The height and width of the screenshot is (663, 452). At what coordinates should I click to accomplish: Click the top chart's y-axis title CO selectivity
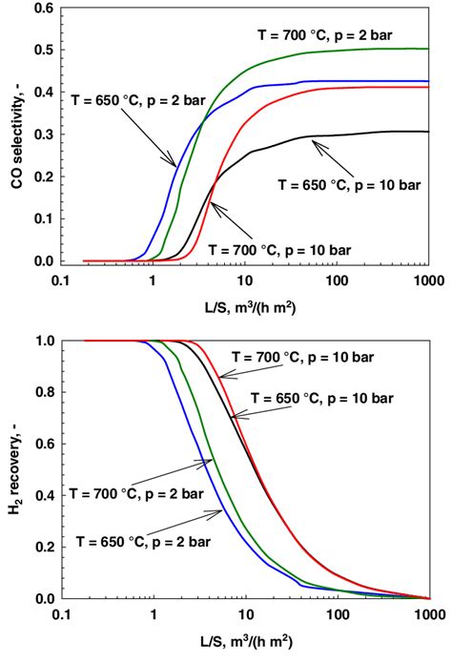(15, 134)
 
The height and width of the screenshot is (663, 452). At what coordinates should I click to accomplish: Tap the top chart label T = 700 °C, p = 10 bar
(286, 250)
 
